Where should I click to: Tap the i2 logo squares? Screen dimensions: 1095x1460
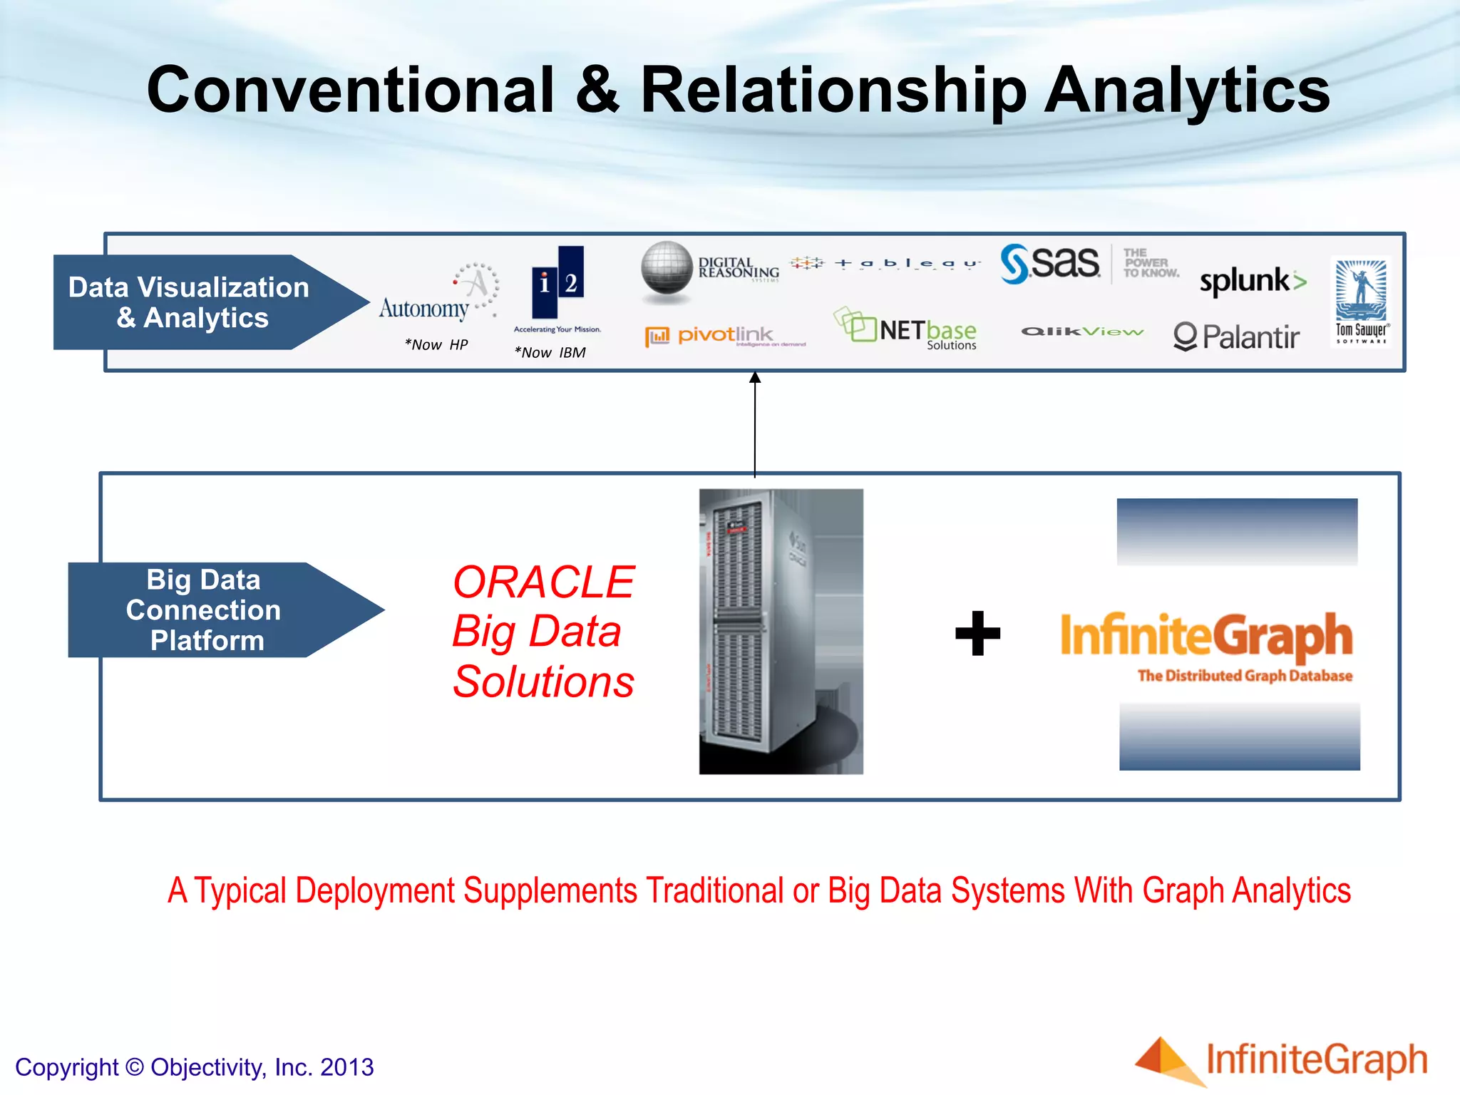(x=557, y=282)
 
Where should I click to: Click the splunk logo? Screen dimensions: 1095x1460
(x=1253, y=281)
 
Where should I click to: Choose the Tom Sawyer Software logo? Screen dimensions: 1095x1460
(x=1361, y=301)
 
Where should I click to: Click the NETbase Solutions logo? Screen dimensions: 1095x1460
(x=907, y=330)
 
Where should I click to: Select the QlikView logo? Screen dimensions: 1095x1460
(x=1082, y=331)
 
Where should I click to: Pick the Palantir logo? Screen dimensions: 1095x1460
(x=1236, y=337)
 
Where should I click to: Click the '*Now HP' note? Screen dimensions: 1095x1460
(x=436, y=345)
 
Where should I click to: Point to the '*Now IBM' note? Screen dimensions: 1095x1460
(x=550, y=353)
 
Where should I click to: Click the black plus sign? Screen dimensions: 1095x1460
(x=977, y=633)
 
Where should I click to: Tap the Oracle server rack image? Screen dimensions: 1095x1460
(x=781, y=631)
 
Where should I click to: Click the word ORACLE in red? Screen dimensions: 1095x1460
(x=543, y=582)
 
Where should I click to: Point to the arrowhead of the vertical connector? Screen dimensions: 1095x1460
(x=755, y=377)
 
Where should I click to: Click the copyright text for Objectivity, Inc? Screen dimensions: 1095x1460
(x=194, y=1067)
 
